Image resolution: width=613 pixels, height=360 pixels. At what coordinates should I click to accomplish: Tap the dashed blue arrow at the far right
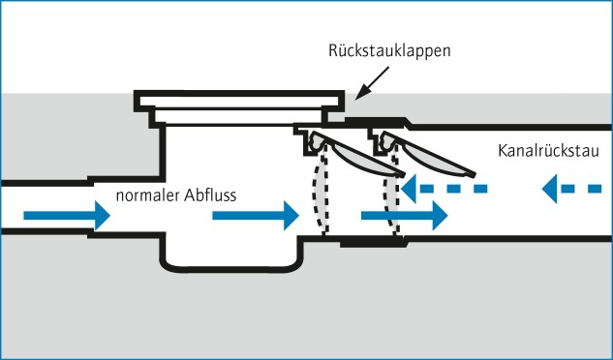click(x=572, y=189)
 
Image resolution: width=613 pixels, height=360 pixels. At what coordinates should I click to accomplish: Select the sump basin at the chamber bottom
click(x=230, y=255)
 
